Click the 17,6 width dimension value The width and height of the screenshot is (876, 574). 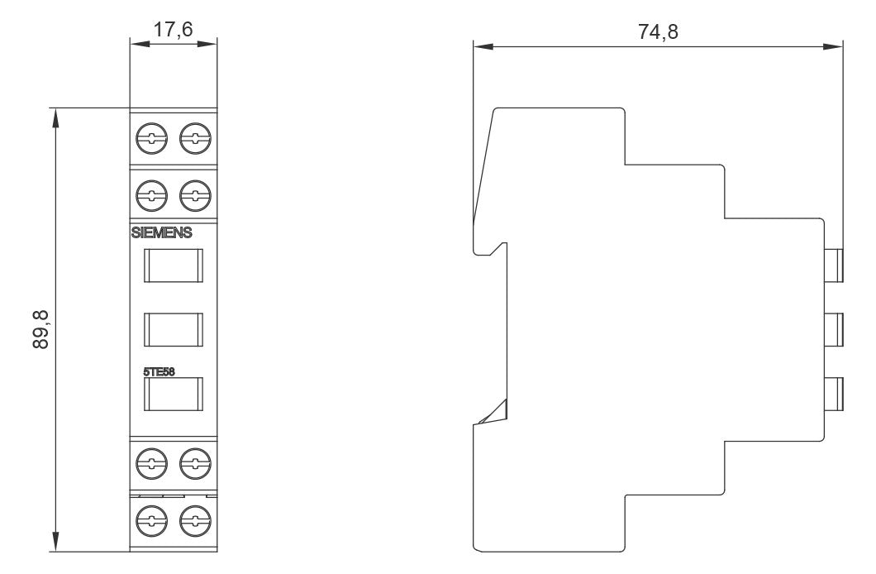tap(174, 29)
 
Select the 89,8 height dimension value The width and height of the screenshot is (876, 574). tap(40, 330)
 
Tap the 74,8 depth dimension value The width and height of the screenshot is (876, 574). tap(658, 31)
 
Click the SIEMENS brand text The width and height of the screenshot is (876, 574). tap(161, 232)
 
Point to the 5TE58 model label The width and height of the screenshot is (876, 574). tap(159, 371)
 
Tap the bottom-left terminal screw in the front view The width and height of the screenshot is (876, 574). tap(151, 521)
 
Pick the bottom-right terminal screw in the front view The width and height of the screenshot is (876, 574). tap(195, 521)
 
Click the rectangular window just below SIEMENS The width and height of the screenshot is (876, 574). tap(174, 265)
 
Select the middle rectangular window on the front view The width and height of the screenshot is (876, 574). tap(174, 330)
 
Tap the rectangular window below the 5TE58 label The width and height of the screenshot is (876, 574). tap(174, 394)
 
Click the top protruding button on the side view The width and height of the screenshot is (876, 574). tap(835, 265)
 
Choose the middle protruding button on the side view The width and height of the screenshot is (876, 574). tap(835, 330)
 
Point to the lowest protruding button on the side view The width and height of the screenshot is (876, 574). tap(835, 394)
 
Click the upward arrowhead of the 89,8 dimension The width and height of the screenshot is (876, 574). tap(55, 118)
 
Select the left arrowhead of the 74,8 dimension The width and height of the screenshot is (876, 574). tap(483, 47)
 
